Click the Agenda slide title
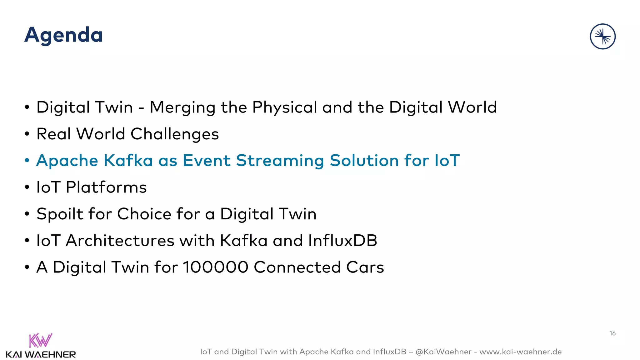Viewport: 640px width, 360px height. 63,35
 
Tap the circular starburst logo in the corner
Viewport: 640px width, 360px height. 602,37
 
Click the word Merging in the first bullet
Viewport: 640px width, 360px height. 182,108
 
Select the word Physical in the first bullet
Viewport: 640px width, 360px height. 284,108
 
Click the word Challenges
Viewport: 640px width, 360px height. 174,134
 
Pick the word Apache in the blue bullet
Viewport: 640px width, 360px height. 67,161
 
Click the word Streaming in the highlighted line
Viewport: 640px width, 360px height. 280,161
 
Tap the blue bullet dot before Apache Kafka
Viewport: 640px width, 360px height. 27,161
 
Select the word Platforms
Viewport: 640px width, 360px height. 106,187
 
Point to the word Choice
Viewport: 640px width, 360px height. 144,214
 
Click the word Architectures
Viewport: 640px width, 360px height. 120,241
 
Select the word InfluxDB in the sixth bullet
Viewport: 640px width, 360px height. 342,241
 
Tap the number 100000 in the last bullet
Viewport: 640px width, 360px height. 216,267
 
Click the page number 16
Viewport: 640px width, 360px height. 612,333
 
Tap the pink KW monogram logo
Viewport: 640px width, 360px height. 40,340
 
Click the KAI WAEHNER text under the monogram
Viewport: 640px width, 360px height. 41,355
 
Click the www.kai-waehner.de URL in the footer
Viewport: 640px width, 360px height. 520,352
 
